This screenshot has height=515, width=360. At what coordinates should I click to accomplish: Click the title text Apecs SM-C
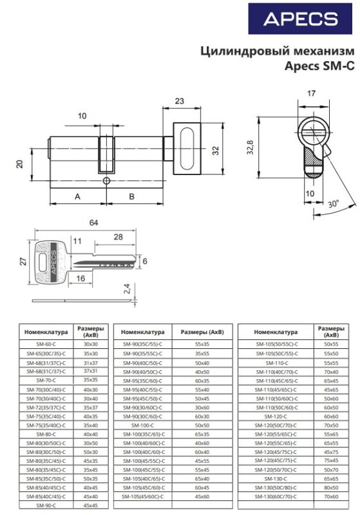[319, 65]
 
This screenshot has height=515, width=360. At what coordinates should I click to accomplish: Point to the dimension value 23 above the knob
[179, 100]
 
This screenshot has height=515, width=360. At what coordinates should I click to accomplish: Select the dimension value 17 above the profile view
[311, 95]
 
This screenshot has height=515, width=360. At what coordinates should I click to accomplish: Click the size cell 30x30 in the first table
[91, 344]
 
